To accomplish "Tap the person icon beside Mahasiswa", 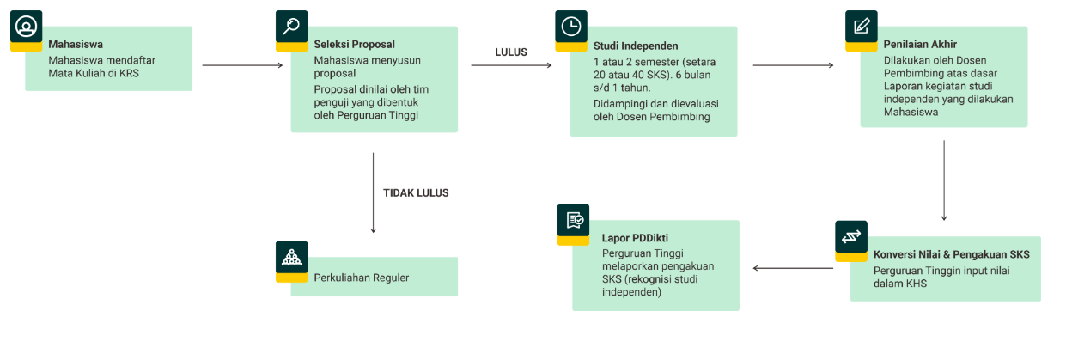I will pyautogui.click(x=26, y=27).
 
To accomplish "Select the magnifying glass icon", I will pyautogui.click(x=291, y=27).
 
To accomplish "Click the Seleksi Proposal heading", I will pyautogui.click(x=354, y=44).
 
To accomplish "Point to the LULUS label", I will pyautogui.click(x=511, y=52).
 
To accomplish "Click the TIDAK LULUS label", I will pyautogui.click(x=416, y=193).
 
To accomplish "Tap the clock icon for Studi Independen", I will pyautogui.click(x=570, y=27).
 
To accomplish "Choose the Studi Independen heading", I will pyautogui.click(x=636, y=46).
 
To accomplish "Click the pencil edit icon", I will pyautogui.click(x=861, y=27).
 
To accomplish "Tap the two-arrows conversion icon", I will pyautogui.click(x=851, y=236).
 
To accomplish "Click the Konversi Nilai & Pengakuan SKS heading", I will pyautogui.click(x=951, y=255).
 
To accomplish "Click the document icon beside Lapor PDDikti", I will pyautogui.click(x=573, y=221).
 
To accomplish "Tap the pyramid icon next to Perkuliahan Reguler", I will pyautogui.click(x=291, y=257).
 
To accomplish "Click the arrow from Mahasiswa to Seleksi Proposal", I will pyautogui.click(x=242, y=65).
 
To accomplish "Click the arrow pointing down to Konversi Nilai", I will pyautogui.click(x=943, y=180).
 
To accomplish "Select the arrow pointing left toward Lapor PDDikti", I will pyautogui.click(x=793, y=268).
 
